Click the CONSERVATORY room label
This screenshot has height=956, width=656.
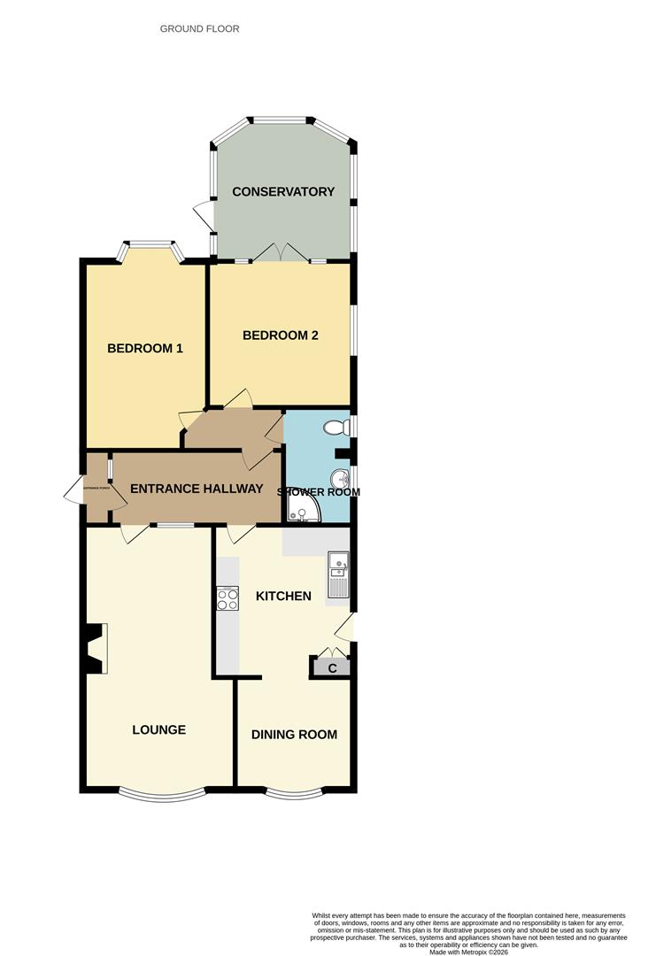[x=283, y=191]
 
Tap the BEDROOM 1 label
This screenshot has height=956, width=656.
[x=145, y=348]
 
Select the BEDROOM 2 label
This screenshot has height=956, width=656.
[x=281, y=335]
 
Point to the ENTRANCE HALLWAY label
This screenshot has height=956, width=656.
[x=197, y=489]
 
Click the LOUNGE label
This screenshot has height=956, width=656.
[x=159, y=729]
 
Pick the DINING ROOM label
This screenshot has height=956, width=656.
[x=294, y=734]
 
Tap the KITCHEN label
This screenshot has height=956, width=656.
[x=283, y=596]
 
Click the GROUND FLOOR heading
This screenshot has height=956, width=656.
[x=199, y=28]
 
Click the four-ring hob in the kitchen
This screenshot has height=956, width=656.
[x=228, y=599]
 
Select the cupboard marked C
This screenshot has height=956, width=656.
[x=332, y=668]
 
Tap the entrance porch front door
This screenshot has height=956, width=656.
[x=76, y=489]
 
